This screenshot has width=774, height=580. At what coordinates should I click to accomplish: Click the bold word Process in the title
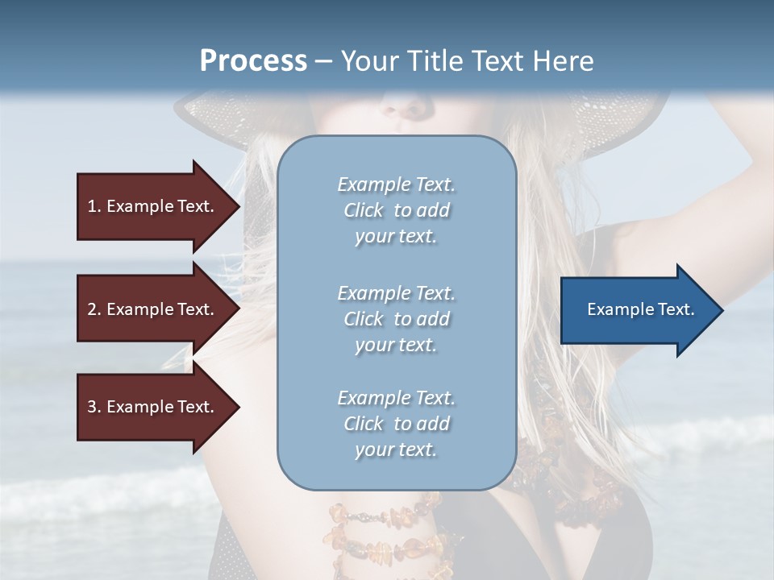point(253,61)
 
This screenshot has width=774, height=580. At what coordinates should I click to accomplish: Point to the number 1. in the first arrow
point(94,206)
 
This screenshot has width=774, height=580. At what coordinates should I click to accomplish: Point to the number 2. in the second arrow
point(94,309)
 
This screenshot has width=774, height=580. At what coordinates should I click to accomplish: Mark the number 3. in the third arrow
point(94,407)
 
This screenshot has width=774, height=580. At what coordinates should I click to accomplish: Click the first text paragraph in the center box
point(396,210)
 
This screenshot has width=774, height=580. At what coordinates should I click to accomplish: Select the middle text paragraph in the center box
point(396,319)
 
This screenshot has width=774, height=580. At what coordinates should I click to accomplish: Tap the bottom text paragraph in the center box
point(396,424)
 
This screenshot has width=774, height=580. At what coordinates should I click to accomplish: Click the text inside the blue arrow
point(641,309)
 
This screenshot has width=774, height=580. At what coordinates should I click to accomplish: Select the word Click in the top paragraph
point(364,210)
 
